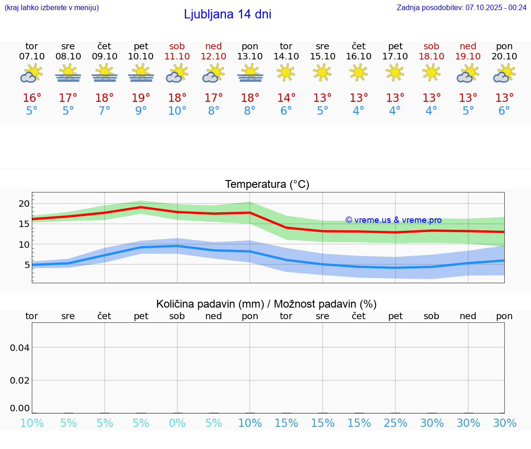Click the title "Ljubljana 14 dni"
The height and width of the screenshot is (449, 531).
[x=227, y=14]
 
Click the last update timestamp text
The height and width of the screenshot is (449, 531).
[x=461, y=7]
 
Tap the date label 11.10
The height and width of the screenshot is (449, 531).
[x=177, y=56]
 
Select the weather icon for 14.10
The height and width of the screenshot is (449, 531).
[x=286, y=72]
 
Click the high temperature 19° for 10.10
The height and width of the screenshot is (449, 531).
[x=141, y=98]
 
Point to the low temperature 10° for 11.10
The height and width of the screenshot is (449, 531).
[x=177, y=111]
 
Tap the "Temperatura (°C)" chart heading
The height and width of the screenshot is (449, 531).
[x=267, y=185]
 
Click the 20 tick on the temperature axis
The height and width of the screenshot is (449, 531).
[x=24, y=204]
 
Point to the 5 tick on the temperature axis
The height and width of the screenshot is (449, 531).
[x=27, y=265]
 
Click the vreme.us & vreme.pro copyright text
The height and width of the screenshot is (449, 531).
[x=393, y=220]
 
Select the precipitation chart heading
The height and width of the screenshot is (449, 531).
[x=266, y=304]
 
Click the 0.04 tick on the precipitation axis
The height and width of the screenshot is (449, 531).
[x=20, y=348]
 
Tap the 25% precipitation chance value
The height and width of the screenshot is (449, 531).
[x=395, y=423]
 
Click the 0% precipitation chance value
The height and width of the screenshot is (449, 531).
[x=177, y=423]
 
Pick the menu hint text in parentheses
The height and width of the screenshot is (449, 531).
[x=52, y=7]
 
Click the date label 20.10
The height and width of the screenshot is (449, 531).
[x=504, y=56]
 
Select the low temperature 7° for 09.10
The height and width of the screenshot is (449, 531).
[x=105, y=111]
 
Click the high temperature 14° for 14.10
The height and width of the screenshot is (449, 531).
[x=286, y=98]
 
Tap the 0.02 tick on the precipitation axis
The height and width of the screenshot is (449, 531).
[x=20, y=380]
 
